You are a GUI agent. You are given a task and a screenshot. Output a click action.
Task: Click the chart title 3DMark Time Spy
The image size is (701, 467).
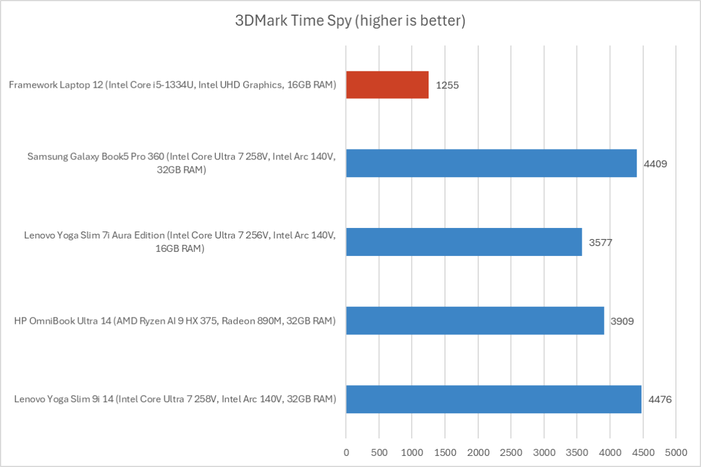click(350, 22)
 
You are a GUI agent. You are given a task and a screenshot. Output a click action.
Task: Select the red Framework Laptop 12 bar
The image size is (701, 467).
click(387, 85)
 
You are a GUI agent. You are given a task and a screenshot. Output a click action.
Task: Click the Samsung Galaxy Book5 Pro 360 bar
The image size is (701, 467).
click(491, 163)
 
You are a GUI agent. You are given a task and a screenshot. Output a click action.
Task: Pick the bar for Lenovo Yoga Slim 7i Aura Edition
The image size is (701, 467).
click(464, 241)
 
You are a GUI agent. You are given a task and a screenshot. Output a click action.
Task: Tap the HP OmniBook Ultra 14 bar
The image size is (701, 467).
click(475, 320)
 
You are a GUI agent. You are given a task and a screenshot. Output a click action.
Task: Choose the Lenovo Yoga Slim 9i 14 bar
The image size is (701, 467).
click(493, 399)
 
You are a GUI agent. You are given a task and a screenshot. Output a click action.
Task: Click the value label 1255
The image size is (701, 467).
click(447, 85)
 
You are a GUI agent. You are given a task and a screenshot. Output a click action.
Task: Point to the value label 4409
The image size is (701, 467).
click(655, 164)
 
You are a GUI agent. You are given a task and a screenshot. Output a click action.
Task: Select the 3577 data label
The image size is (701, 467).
click(600, 242)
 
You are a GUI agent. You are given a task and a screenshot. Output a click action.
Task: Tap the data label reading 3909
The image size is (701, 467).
click(622, 321)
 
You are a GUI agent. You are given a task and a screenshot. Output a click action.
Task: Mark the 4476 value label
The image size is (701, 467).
click(660, 400)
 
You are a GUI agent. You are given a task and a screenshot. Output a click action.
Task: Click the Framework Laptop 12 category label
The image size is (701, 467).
click(172, 85)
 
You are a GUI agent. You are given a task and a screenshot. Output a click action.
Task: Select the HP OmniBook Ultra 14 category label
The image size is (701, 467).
click(175, 321)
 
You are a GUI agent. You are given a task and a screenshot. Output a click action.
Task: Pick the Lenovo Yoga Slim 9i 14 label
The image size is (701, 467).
click(175, 400)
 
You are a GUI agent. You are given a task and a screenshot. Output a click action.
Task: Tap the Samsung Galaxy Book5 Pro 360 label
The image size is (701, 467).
click(181, 164)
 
